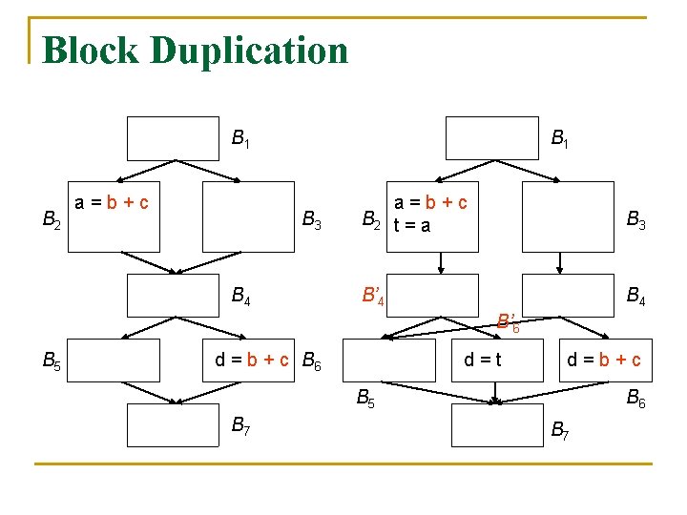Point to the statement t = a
(412, 226)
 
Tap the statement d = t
(483, 360)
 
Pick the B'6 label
(509, 321)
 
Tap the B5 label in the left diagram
(53, 360)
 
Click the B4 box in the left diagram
(174, 294)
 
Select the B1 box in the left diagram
(174, 138)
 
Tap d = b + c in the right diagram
(604, 360)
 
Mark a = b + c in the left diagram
(117, 202)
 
